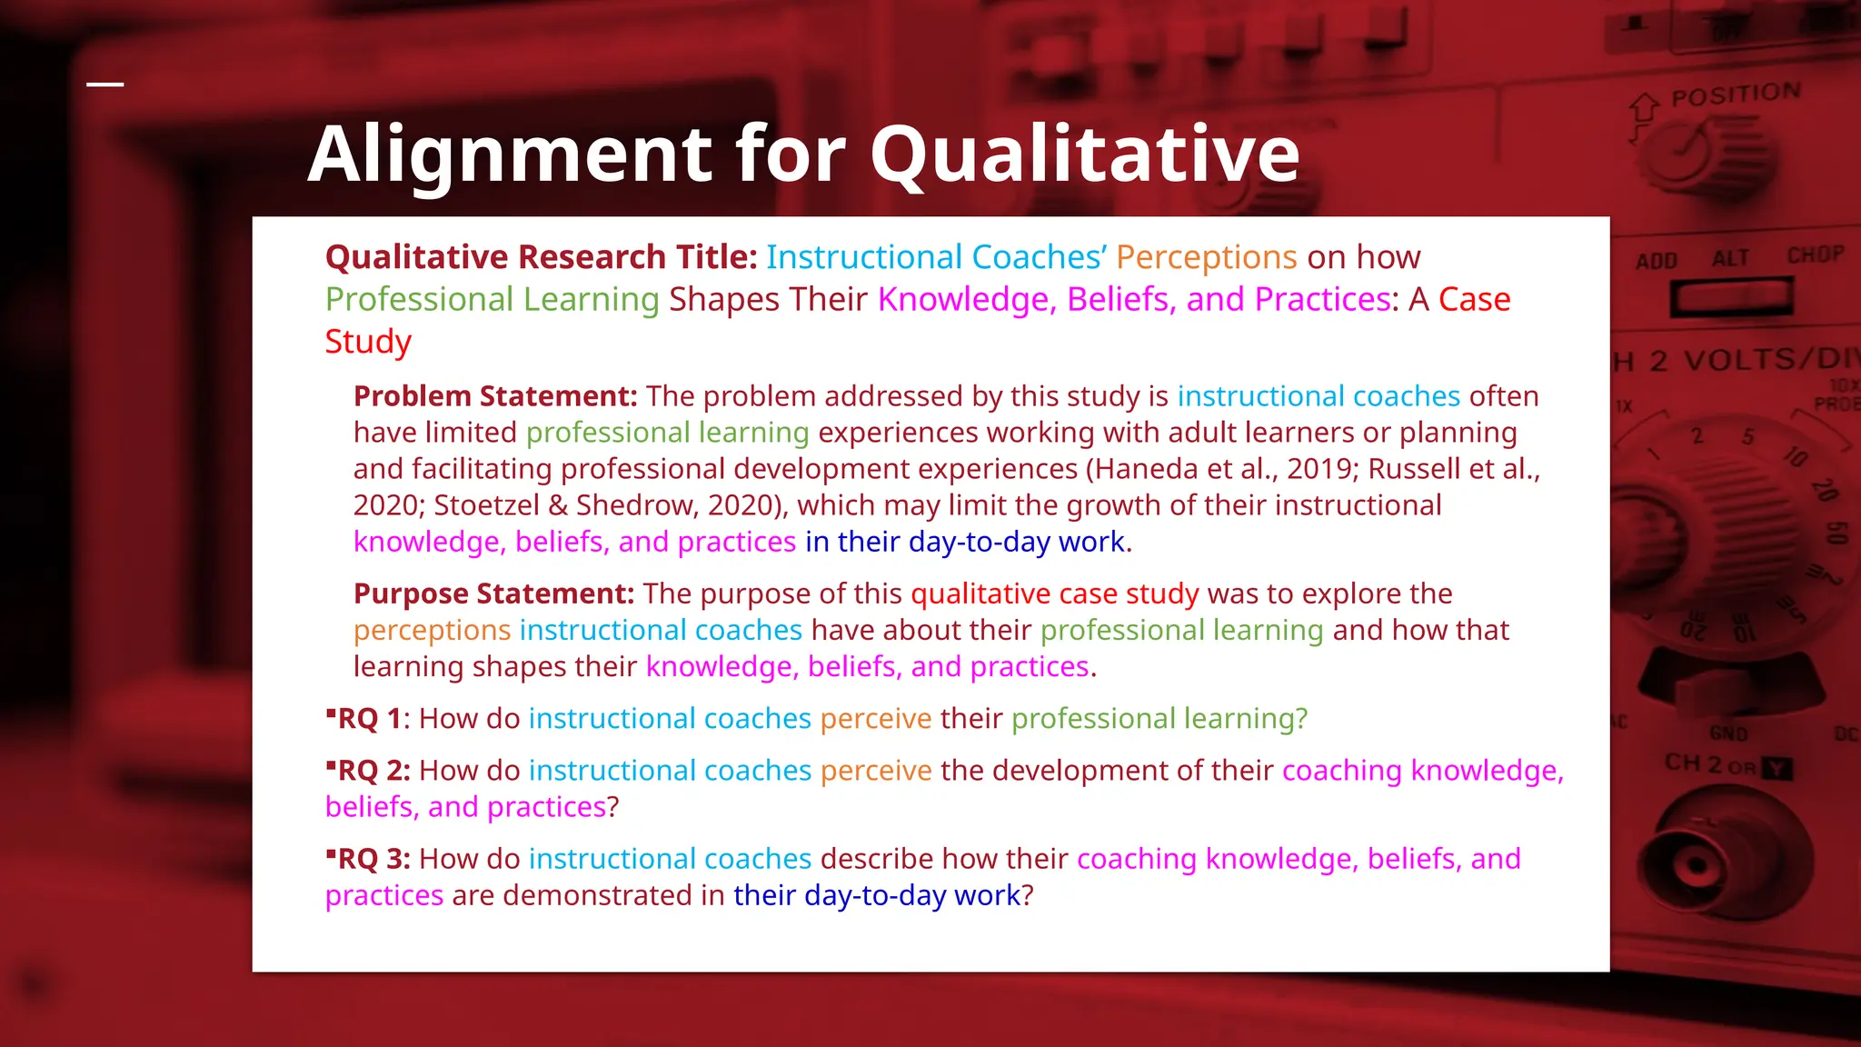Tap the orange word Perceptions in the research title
pos(1205,257)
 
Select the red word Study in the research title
pos(368,342)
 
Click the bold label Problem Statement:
pos(495,396)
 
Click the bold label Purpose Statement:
pos(493,593)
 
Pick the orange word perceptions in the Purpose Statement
pos(432,630)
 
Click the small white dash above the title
pos(105,85)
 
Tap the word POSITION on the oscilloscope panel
pos(1736,94)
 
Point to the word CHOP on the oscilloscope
pos(1815,255)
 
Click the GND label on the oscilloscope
pos(1727,733)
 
